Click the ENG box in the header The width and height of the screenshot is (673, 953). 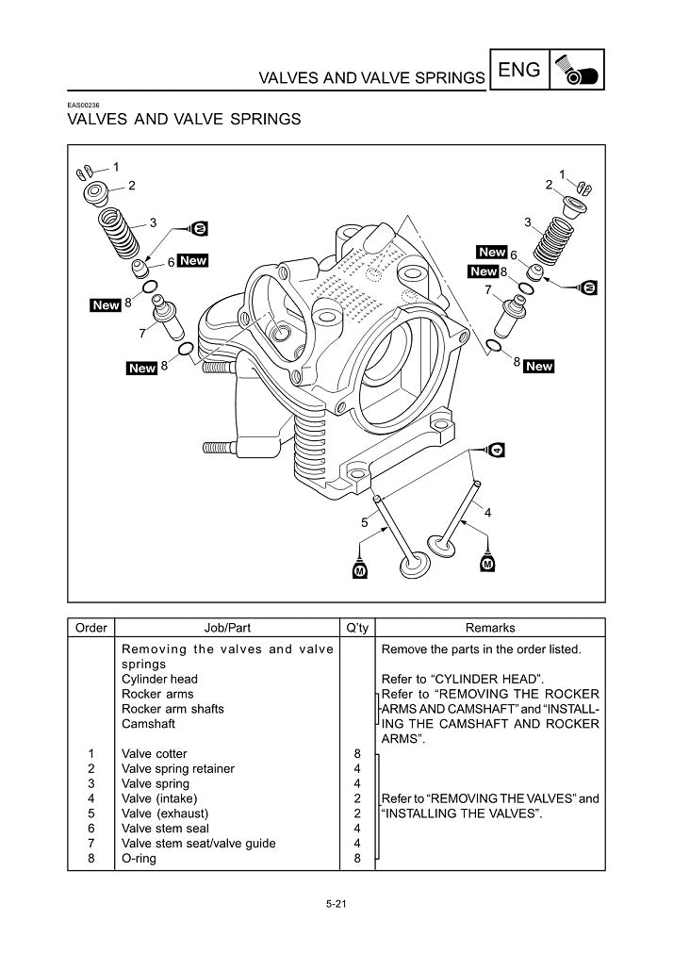[519, 70]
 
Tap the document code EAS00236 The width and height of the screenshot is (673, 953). [83, 106]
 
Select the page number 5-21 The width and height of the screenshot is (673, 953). [336, 904]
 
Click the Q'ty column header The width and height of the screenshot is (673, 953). [357, 628]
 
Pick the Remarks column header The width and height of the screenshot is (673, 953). [490, 628]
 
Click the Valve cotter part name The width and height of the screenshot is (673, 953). [155, 754]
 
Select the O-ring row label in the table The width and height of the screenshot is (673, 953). [139, 858]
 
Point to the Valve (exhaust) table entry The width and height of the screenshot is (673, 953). [165, 813]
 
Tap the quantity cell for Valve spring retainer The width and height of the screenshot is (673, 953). [357, 769]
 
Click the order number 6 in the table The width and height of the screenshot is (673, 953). [91, 829]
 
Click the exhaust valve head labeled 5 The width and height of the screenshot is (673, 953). [416, 566]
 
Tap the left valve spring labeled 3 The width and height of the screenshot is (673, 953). [119, 234]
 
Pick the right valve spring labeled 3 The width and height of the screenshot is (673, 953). [553, 240]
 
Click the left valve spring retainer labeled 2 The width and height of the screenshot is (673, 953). [95, 192]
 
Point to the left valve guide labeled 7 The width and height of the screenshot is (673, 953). [168, 317]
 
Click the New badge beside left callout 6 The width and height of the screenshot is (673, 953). [193, 261]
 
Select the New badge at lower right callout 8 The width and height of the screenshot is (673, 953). [538, 367]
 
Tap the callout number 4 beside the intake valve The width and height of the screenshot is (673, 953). [487, 513]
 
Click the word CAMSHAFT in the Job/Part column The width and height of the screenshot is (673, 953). [148, 724]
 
